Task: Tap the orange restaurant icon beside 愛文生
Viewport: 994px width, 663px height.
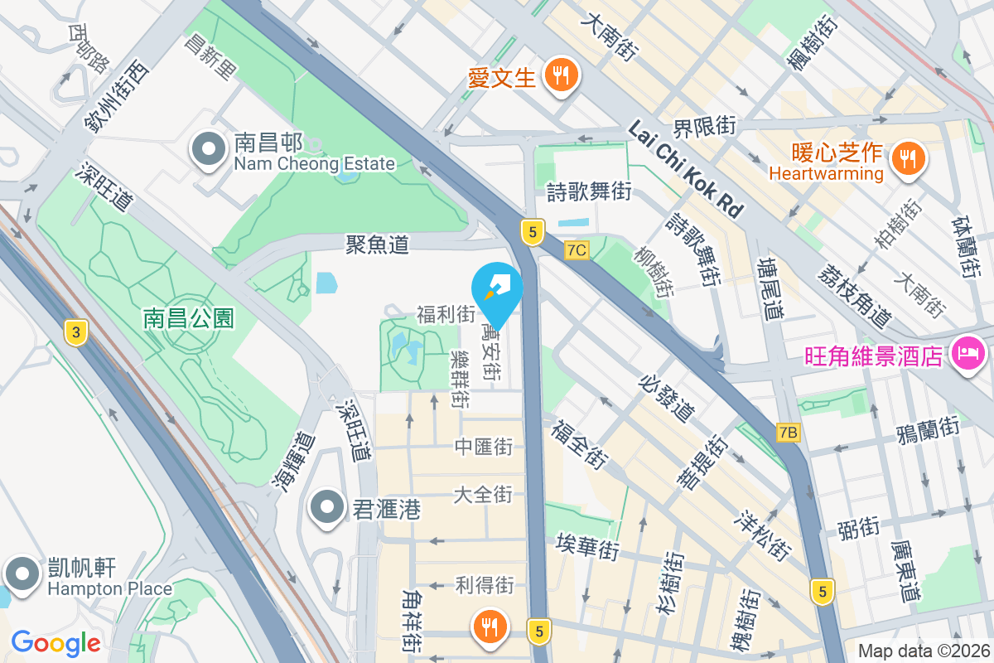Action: (562, 76)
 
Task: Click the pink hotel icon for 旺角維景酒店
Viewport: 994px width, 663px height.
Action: (968, 355)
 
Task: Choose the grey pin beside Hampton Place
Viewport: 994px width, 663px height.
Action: (21, 573)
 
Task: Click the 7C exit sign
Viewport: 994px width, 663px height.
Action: (577, 250)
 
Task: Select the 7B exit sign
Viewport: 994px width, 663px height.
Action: (789, 432)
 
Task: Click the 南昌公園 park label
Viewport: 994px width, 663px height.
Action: (189, 317)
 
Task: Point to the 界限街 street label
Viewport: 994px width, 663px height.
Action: (704, 127)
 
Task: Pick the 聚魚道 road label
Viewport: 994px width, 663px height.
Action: (377, 244)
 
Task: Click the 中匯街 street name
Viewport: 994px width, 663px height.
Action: (484, 448)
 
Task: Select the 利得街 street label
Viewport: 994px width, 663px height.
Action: (485, 585)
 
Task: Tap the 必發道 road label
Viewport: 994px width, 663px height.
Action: (667, 396)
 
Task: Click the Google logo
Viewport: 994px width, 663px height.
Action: (55, 642)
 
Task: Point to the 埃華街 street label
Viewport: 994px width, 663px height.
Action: (587, 548)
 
